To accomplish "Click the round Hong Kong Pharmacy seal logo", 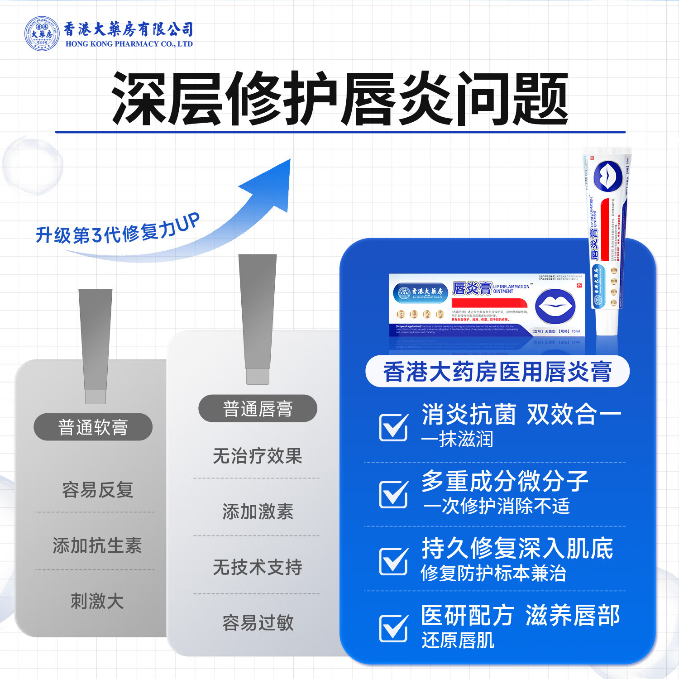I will point(42,34).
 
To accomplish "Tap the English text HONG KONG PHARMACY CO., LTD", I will point(129,44).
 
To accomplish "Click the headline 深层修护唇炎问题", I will point(340,99).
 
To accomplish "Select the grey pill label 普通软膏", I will point(93,427).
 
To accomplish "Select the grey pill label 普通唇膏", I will point(258,409).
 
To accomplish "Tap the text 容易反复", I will point(97,490).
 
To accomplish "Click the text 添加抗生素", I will point(97,545).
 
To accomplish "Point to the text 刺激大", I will point(97,601).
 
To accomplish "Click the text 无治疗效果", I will point(258,456).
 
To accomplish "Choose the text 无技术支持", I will point(258,567).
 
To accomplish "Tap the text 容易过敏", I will point(258,623).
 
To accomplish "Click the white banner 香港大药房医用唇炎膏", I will point(497,372).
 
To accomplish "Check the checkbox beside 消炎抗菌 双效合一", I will point(393,427).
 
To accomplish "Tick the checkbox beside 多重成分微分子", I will point(393,494).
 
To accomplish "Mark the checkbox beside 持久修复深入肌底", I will point(393,561).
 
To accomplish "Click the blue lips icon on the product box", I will point(555,306).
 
